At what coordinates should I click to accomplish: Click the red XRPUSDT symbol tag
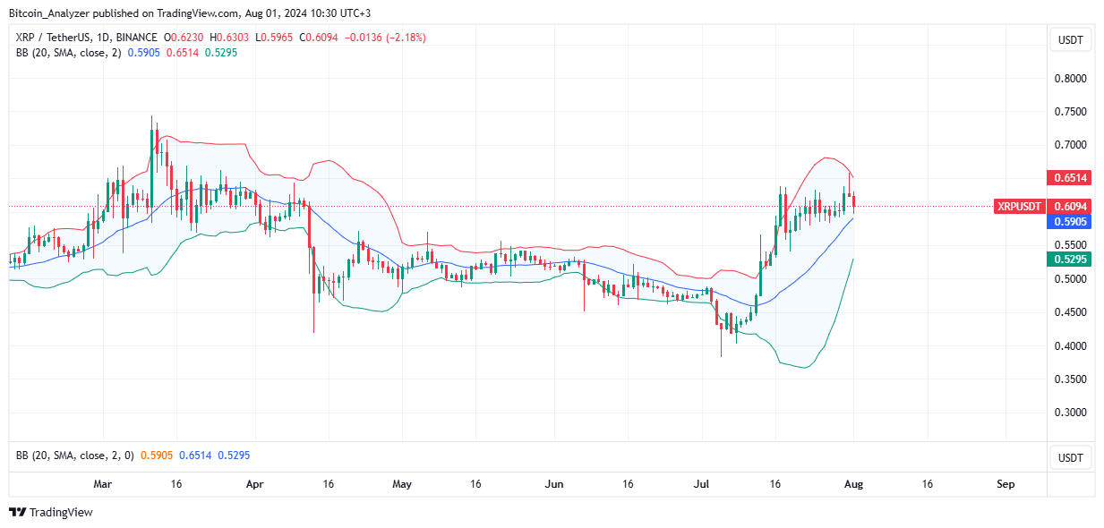pos(1020,207)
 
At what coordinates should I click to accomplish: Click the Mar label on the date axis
pos(103,484)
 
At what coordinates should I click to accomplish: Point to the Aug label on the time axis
pos(853,484)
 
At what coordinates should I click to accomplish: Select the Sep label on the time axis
pos(1006,484)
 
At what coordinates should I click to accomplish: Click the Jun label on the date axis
pos(554,484)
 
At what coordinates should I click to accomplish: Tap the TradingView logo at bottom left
pos(51,513)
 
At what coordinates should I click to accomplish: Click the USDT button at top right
pos(1070,39)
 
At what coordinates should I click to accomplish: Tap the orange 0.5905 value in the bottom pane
pos(157,456)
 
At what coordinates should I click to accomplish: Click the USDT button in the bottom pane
pos(1070,458)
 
